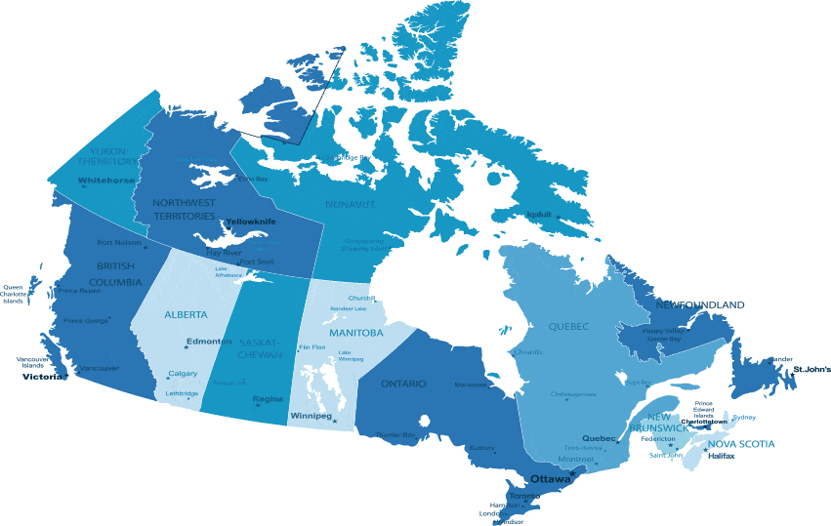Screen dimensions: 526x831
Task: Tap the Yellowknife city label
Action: click(x=250, y=222)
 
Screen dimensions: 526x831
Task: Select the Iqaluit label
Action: click(x=539, y=214)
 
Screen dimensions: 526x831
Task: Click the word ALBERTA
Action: click(x=186, y=315)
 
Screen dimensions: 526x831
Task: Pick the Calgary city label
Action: click(x=183, y=374)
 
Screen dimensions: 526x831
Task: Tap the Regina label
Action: click(x=268, y=399)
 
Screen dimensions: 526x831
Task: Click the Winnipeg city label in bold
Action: click(x=311, y=417)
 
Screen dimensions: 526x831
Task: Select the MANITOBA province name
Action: click(x=355, y=333)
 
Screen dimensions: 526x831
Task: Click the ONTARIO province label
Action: click(x=403, y=384)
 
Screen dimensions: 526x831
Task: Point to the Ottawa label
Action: click(x=550, y=478)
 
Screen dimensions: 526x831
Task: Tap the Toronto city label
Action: click(x=524, y=496)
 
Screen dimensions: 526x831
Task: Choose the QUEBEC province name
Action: click(x=568, y=326)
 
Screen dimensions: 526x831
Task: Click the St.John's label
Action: click(x=811, y=370)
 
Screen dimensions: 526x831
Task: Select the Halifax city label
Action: click(x=722, y=456)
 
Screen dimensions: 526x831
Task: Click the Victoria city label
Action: click(x=41, y=377)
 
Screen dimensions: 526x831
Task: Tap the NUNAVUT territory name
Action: click(x=350, y=205)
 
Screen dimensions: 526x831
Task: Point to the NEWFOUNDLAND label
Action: click(x=699, y=305)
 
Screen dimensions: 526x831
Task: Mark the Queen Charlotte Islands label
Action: click(x=14, y=294)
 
